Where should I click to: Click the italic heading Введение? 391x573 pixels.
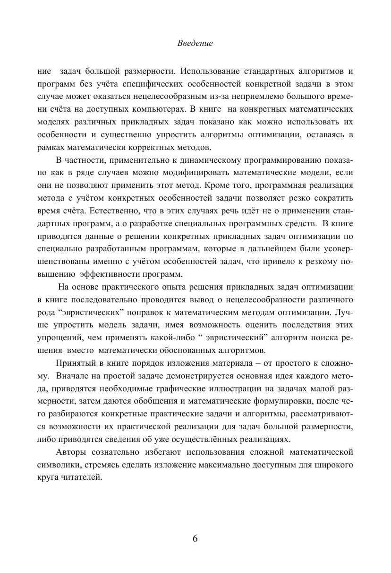195,44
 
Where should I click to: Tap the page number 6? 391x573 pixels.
195,539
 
